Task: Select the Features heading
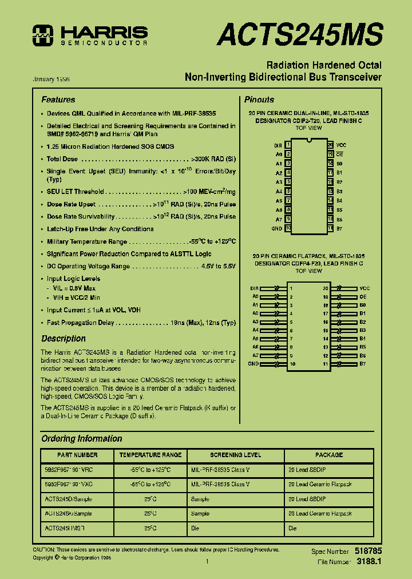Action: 58,100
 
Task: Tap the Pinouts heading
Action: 259,100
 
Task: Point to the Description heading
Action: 64,339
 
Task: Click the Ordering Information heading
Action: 82,439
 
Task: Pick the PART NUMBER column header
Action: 78,455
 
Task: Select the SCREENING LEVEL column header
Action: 234,455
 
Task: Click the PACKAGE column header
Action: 329,455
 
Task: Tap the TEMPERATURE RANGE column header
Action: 150,455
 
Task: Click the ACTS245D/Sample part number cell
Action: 68,499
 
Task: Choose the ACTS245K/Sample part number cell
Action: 68,514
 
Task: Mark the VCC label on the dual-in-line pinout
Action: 341,145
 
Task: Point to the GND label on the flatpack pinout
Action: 253,364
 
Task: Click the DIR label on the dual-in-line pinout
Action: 278,145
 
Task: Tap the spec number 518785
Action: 369,551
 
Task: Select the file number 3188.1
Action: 369,562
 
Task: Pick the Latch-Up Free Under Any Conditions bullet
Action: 100,229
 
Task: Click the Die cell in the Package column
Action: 292,529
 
